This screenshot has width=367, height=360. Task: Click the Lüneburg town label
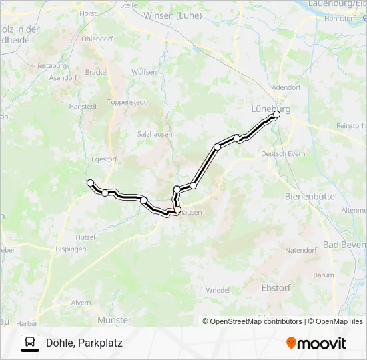point(270,109)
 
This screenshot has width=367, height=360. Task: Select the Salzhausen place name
point(155,133)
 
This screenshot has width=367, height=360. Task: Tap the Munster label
point(114,320)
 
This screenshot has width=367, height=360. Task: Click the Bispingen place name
point(71,249)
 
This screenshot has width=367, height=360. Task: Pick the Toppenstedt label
point(126,102)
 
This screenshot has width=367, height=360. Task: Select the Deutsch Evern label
point(283,154)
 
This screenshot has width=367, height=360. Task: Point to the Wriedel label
point(218,290)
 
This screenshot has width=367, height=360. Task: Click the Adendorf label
point(288,87)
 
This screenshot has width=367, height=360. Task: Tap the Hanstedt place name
point(83,106)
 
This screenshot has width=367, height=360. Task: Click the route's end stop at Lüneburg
point(276,114)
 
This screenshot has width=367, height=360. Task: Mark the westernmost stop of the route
point(90,182)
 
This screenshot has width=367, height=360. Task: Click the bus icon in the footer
point(30,343)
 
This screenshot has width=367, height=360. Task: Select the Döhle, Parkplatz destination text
point(85,343)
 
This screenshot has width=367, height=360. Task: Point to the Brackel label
point(97,71)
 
